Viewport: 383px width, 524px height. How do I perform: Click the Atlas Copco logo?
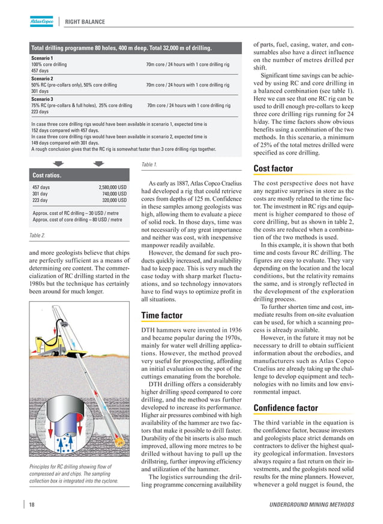coord(43,22)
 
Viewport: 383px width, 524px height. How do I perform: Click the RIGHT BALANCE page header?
coord(85,22)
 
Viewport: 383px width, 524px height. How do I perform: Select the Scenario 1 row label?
coord(42,57)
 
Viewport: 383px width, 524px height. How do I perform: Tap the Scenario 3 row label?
coord(42,99)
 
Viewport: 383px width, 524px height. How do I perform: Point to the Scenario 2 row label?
coord(42,78)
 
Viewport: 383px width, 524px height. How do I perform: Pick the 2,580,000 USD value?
coord(112,187)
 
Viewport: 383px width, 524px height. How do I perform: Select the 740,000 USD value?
coord(114,193)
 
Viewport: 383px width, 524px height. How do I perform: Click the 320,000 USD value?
coord(114,200)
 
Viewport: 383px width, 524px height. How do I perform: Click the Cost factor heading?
coord(273,169)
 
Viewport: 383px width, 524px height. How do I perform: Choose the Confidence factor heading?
coord(285,408)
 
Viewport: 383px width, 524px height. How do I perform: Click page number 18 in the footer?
coord(31,504)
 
